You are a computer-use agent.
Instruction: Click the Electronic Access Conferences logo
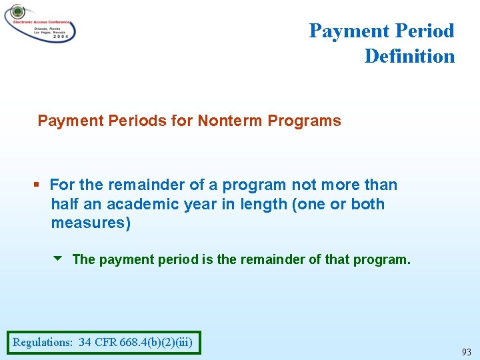[40, 23]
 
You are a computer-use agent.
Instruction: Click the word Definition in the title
[409, 56]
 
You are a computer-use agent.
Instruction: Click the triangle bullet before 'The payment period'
[59, 258]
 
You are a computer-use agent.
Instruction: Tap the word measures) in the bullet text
[91, 223]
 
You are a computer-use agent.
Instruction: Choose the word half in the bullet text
[65, 204]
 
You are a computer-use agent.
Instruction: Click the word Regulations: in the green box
[43, 343]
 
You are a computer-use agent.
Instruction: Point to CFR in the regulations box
[106, 343]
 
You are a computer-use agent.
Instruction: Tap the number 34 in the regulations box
[85, 343]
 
